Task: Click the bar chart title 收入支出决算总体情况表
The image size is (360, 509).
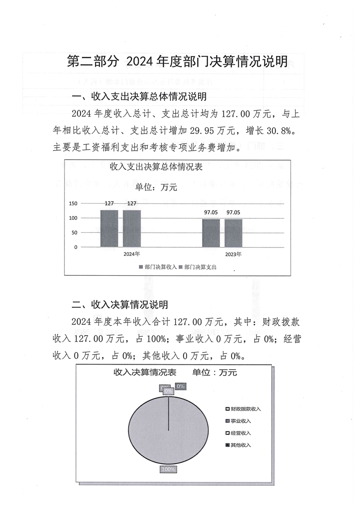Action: coord(156,166)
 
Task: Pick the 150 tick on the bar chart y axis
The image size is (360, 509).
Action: coord(73,204)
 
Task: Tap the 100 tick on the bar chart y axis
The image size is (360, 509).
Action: coord(73,218)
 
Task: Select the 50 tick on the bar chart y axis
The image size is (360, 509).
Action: coord(74,233)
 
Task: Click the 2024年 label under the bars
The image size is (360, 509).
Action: coord(132,254)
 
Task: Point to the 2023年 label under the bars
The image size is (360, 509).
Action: coord(233,254)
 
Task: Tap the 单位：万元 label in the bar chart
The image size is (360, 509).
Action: coord(156,187)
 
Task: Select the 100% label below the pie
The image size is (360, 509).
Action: coord(168,469)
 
